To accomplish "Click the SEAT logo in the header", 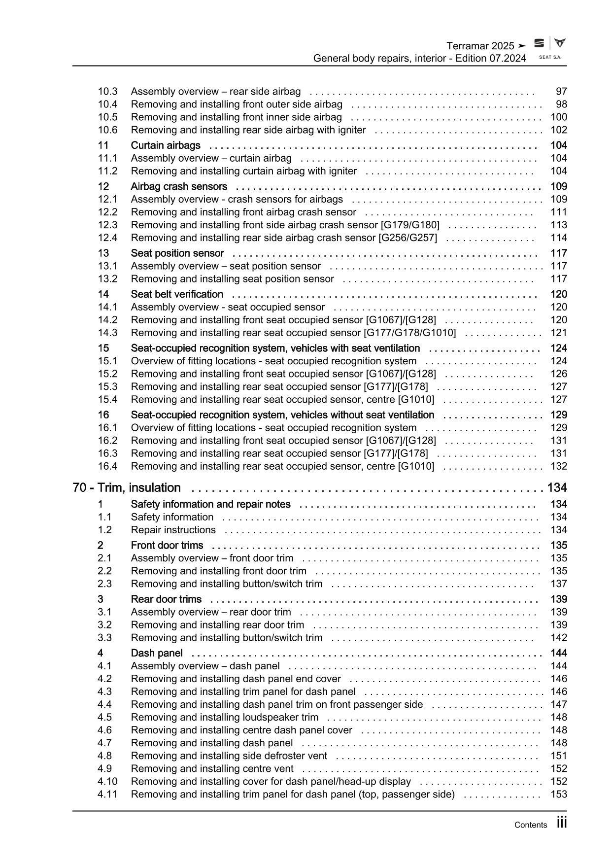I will [x=540, y=43].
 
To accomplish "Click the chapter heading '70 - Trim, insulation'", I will [x=127, y=488].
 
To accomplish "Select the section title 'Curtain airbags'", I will [x=166, y=145].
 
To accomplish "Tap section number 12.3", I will [x=107, y=225].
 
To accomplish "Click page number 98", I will [x=561, y=104].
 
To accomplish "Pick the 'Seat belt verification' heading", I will [x=177, y=294].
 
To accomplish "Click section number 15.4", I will [x=107, y=400].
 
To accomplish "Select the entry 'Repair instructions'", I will [x=173, y=530].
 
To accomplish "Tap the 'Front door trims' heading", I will [x=167, y=546].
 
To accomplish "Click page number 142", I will [x=559, y=638].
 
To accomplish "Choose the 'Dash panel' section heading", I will [x=157, y=654].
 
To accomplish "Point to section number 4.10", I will [x=107, y=782].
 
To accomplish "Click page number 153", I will [x=559, y=795].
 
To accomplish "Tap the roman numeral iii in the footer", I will [x=562, y=823].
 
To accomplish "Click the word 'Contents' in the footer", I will [x=530, y=825].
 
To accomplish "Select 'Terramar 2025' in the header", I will [x=480, y=46].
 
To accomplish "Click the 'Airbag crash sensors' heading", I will [x=179, y=187].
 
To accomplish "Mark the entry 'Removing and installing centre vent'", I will [x=212, y=769].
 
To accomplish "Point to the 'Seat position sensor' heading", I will [x=177, y=253].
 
